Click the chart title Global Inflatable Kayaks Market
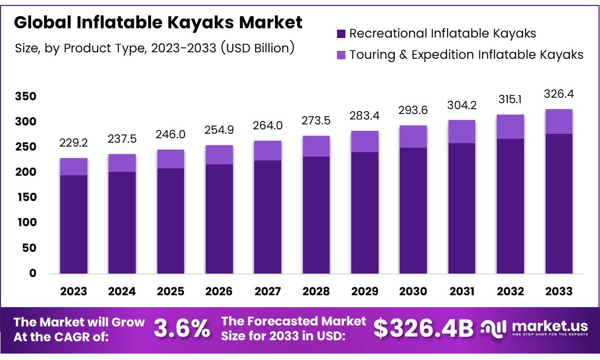[158, 22]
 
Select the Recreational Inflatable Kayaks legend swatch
[341, 34]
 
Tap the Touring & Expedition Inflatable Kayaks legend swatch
[341, 55]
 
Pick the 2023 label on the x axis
[74, 291]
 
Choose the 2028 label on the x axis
[316, 291]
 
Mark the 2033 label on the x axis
[559, 291]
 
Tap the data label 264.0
[268, 126]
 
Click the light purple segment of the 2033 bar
[559, 121]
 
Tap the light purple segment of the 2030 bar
[413, 136]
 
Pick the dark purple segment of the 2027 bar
[268, 217]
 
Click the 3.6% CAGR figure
[182, 328]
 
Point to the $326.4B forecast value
[423, 328]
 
